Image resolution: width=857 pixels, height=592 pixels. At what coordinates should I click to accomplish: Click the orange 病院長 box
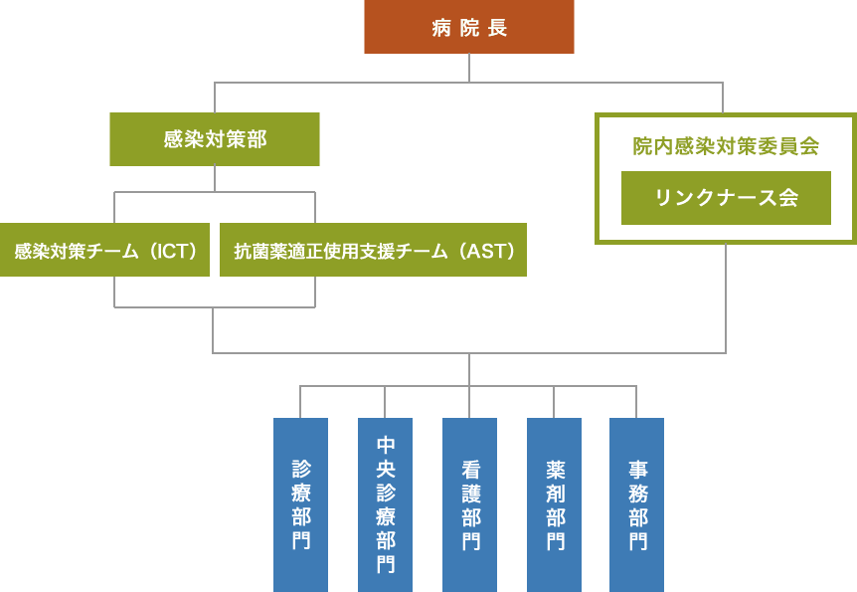[x=468, y=27]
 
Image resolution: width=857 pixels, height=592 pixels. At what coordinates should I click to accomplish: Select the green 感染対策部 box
[x=215, y=139]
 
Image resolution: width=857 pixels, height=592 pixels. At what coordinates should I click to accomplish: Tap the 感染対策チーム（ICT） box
[x=104, y=250]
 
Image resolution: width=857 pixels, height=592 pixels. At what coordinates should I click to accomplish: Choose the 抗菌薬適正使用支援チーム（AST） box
[x=373, y=250]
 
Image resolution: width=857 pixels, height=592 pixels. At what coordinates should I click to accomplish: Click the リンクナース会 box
[x=726, y=198]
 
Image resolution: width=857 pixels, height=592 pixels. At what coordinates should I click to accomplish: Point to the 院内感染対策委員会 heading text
[x=726, y=146]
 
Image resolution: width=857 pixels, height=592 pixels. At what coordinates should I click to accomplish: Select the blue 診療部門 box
[x=300, y=504]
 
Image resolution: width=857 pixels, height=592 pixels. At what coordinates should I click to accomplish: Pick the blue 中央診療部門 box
[x=385, y=504]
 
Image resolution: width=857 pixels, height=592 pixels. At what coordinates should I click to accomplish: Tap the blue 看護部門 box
[x=469, y=504]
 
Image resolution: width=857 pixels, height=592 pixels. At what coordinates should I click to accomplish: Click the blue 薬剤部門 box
[x=554, y=504]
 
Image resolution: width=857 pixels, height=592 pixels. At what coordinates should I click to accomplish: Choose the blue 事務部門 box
[x=636, y=504]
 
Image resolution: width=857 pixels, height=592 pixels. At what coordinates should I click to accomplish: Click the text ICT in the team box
[x=178, y=251]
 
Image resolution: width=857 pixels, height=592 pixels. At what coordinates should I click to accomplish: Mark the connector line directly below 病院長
[x=469, y=68]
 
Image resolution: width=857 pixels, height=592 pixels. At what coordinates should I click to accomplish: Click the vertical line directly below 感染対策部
[x=215, y=179]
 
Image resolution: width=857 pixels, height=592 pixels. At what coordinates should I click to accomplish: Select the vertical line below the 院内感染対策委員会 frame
[x=726, y=298]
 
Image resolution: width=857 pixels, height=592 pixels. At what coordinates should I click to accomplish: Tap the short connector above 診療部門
[x=300, y=402]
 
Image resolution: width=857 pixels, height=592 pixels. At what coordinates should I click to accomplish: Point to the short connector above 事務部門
[x=636, y=402]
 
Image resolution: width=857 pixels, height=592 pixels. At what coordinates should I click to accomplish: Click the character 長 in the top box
[x=497, y=28]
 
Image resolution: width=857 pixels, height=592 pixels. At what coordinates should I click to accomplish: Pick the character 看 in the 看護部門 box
[x=469, y=469]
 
